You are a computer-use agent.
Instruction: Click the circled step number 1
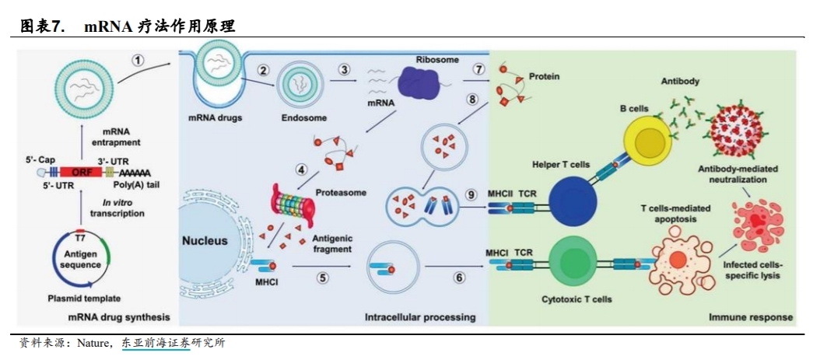[138, 60]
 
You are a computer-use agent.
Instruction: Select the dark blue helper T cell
[572, 198]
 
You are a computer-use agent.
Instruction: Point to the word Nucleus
[205, 241]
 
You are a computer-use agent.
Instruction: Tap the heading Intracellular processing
[420, 318]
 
